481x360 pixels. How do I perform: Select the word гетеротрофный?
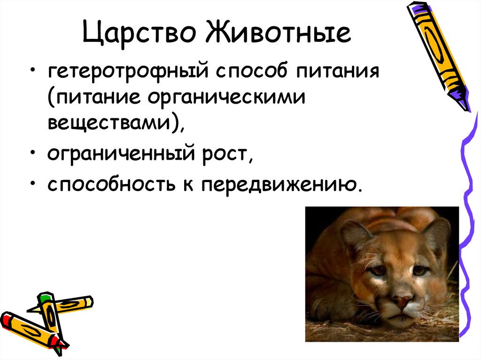click(127, 74)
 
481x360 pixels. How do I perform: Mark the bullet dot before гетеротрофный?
click(32, 74)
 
